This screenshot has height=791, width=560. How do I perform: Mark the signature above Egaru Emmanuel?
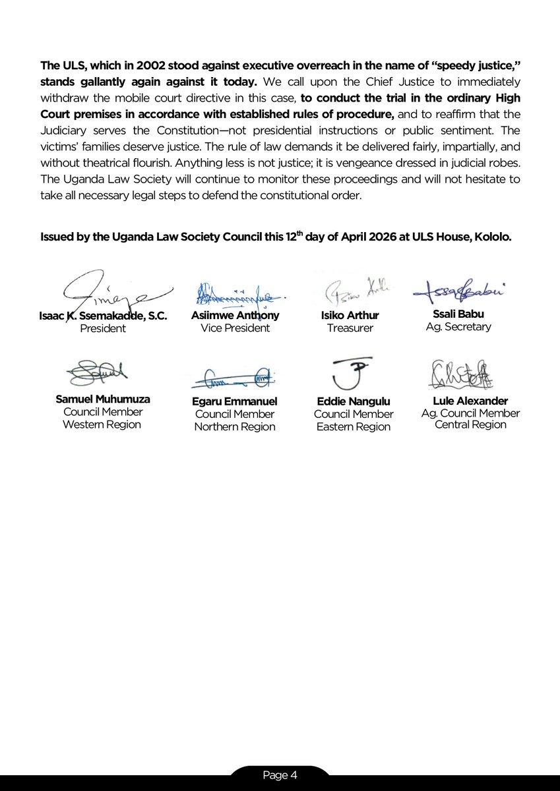(x=235, y=378)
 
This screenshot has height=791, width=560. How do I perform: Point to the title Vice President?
(x=235, y=328)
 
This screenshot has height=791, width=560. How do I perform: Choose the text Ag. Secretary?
(x=458, y=326)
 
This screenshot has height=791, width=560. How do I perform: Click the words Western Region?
(x=102, y=425)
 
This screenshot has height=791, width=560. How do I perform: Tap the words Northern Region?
(x=235, y=426)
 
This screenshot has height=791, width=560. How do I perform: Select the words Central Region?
(x=470, y=425)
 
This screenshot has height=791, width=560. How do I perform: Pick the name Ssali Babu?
(x=458, y=314)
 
